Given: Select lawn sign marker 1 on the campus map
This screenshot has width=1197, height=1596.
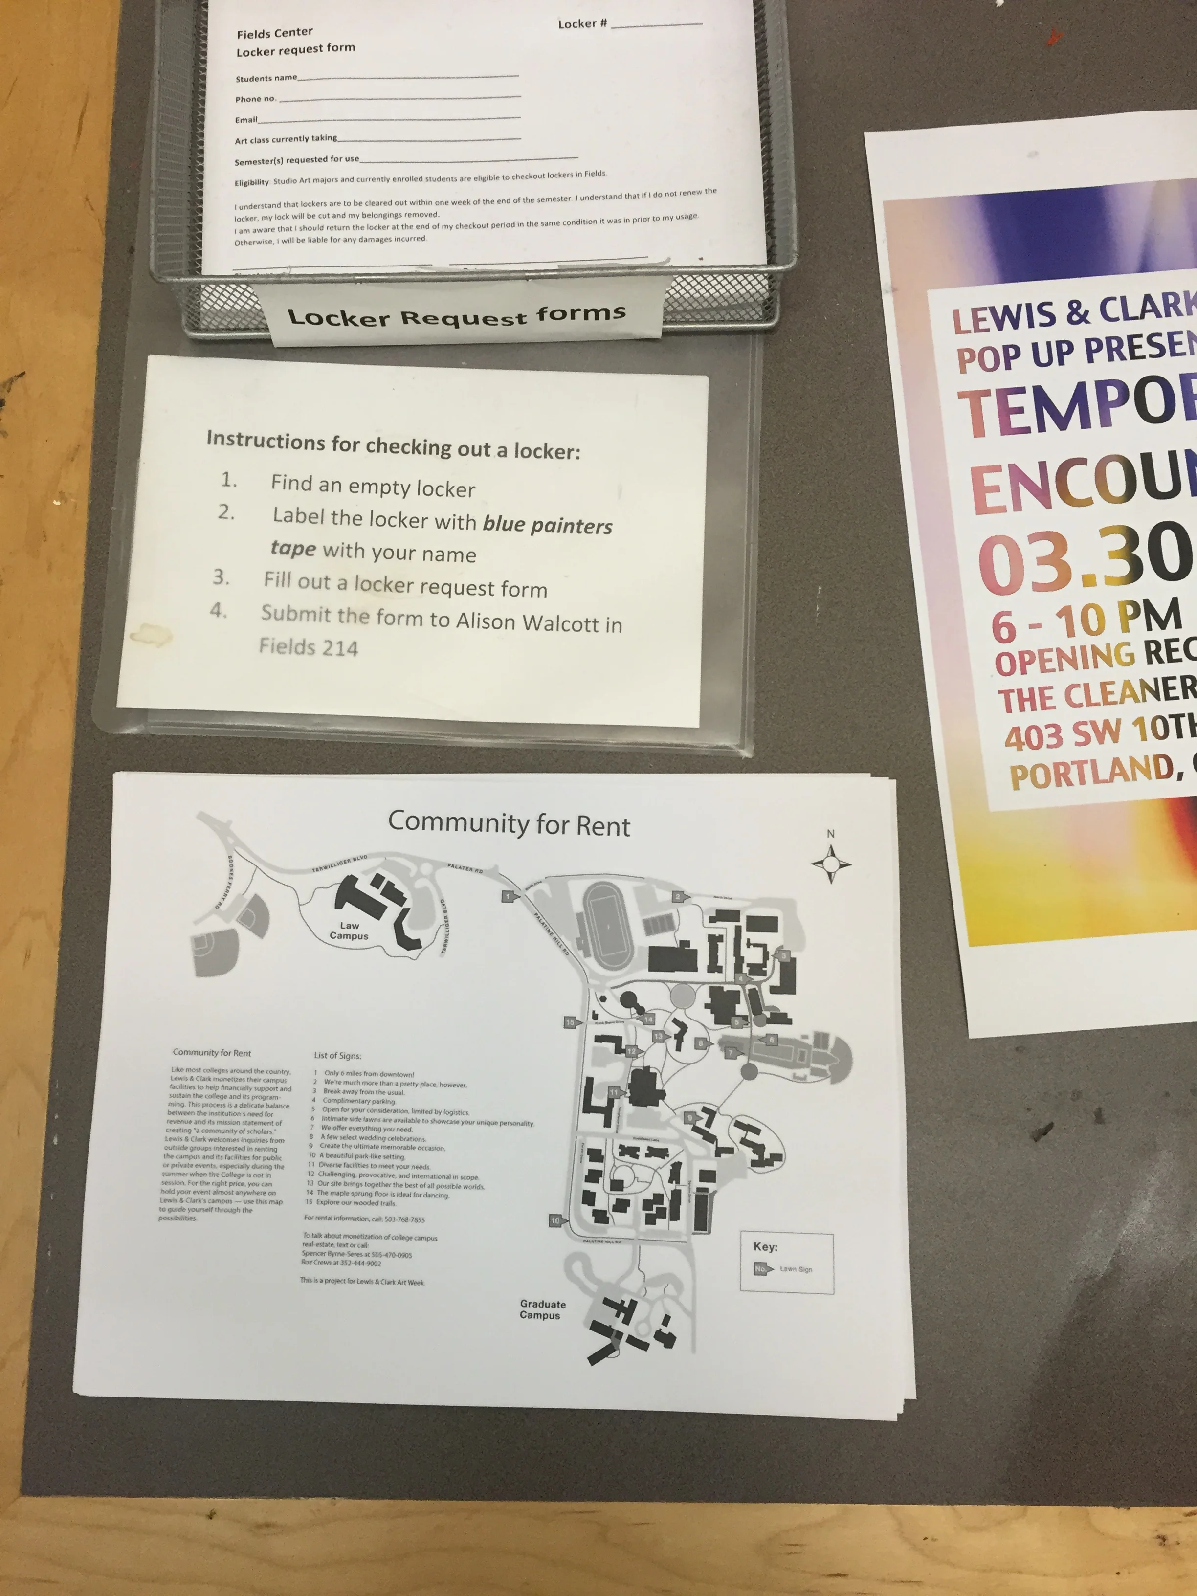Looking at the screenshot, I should click(x=509, y=896).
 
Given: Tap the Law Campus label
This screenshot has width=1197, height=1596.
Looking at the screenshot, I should click(x=349, y=931).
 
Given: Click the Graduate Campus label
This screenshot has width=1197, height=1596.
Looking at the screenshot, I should click(x=542, y=1309).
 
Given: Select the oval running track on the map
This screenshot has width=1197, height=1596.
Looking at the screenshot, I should click(x=608, y=927).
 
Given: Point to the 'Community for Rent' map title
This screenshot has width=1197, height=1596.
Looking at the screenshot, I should click(x=509, y=824).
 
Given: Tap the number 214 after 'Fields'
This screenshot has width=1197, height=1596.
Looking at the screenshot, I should click(x=339, y=648).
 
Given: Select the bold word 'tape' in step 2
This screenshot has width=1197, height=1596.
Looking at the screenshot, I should click(x=293, y=548).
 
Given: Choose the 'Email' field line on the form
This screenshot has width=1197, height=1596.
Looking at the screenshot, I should click(x=390, y=118).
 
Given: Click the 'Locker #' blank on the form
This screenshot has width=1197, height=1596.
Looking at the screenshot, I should click(x=655, y=24).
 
